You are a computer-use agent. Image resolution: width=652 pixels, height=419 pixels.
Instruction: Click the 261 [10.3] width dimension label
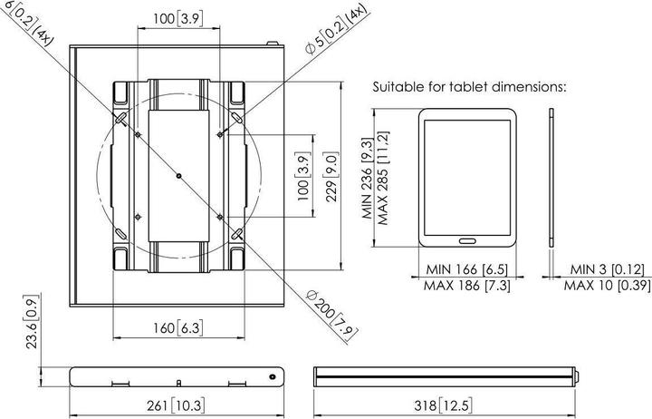click(x=176, y=405)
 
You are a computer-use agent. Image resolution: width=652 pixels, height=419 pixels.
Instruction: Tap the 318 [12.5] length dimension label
click(x=443, y=405)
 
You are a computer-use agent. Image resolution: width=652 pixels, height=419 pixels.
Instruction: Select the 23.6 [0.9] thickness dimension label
click(x=32, y=322)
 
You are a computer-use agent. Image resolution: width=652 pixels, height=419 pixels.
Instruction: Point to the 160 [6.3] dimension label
click(x=178, y=327)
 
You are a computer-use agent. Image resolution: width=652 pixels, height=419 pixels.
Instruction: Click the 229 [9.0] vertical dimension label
click(x=331, y=177)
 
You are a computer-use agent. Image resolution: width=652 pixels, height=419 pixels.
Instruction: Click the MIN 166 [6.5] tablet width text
click(x=467, y=269)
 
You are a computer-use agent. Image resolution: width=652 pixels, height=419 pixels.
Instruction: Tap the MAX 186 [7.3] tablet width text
click(x=467, y=286)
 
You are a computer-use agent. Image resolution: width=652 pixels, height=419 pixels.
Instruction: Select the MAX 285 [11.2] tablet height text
click(x=383, y=179)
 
